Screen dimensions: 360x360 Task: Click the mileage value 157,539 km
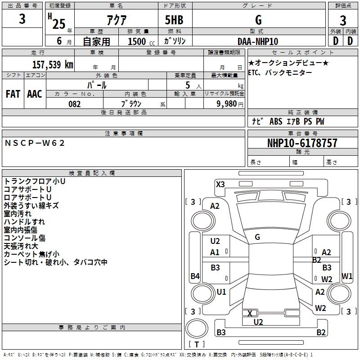point(53,64)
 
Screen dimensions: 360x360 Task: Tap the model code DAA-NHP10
point(257,41)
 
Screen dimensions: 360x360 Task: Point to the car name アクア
point(116,20)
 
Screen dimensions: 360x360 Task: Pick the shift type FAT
point(13,94)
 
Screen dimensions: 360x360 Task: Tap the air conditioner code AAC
point(35,94)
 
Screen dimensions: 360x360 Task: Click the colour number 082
point(74,104)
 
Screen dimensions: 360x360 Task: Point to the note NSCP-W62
point(35,143)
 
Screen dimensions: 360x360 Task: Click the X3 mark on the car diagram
point(220,184)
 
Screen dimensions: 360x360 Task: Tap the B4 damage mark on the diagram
point(195,276)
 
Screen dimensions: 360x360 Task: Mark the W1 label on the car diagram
point(346,275)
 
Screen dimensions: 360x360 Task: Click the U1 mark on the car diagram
point(221,292)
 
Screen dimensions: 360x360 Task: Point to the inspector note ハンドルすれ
point(24,222)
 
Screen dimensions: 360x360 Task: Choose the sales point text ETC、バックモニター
point(274,72)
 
